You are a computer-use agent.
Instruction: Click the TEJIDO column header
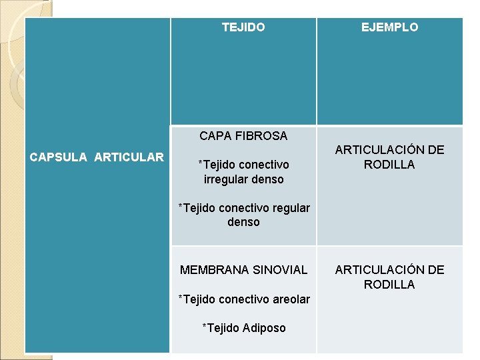[243, 27]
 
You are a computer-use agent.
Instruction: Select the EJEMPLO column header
[390, 27]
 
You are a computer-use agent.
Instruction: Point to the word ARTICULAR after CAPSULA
[129, 157]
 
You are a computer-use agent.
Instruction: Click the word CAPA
[215, 136]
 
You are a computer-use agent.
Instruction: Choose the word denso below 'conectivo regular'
[243, 222]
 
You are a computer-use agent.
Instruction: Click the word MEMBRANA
[211, 270]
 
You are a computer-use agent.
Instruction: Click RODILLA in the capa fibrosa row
[389, 165]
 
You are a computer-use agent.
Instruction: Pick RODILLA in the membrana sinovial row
[389, 285]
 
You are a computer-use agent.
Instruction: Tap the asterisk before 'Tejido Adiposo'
[204, 327]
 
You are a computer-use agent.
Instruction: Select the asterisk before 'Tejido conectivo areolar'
[180, 298]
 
